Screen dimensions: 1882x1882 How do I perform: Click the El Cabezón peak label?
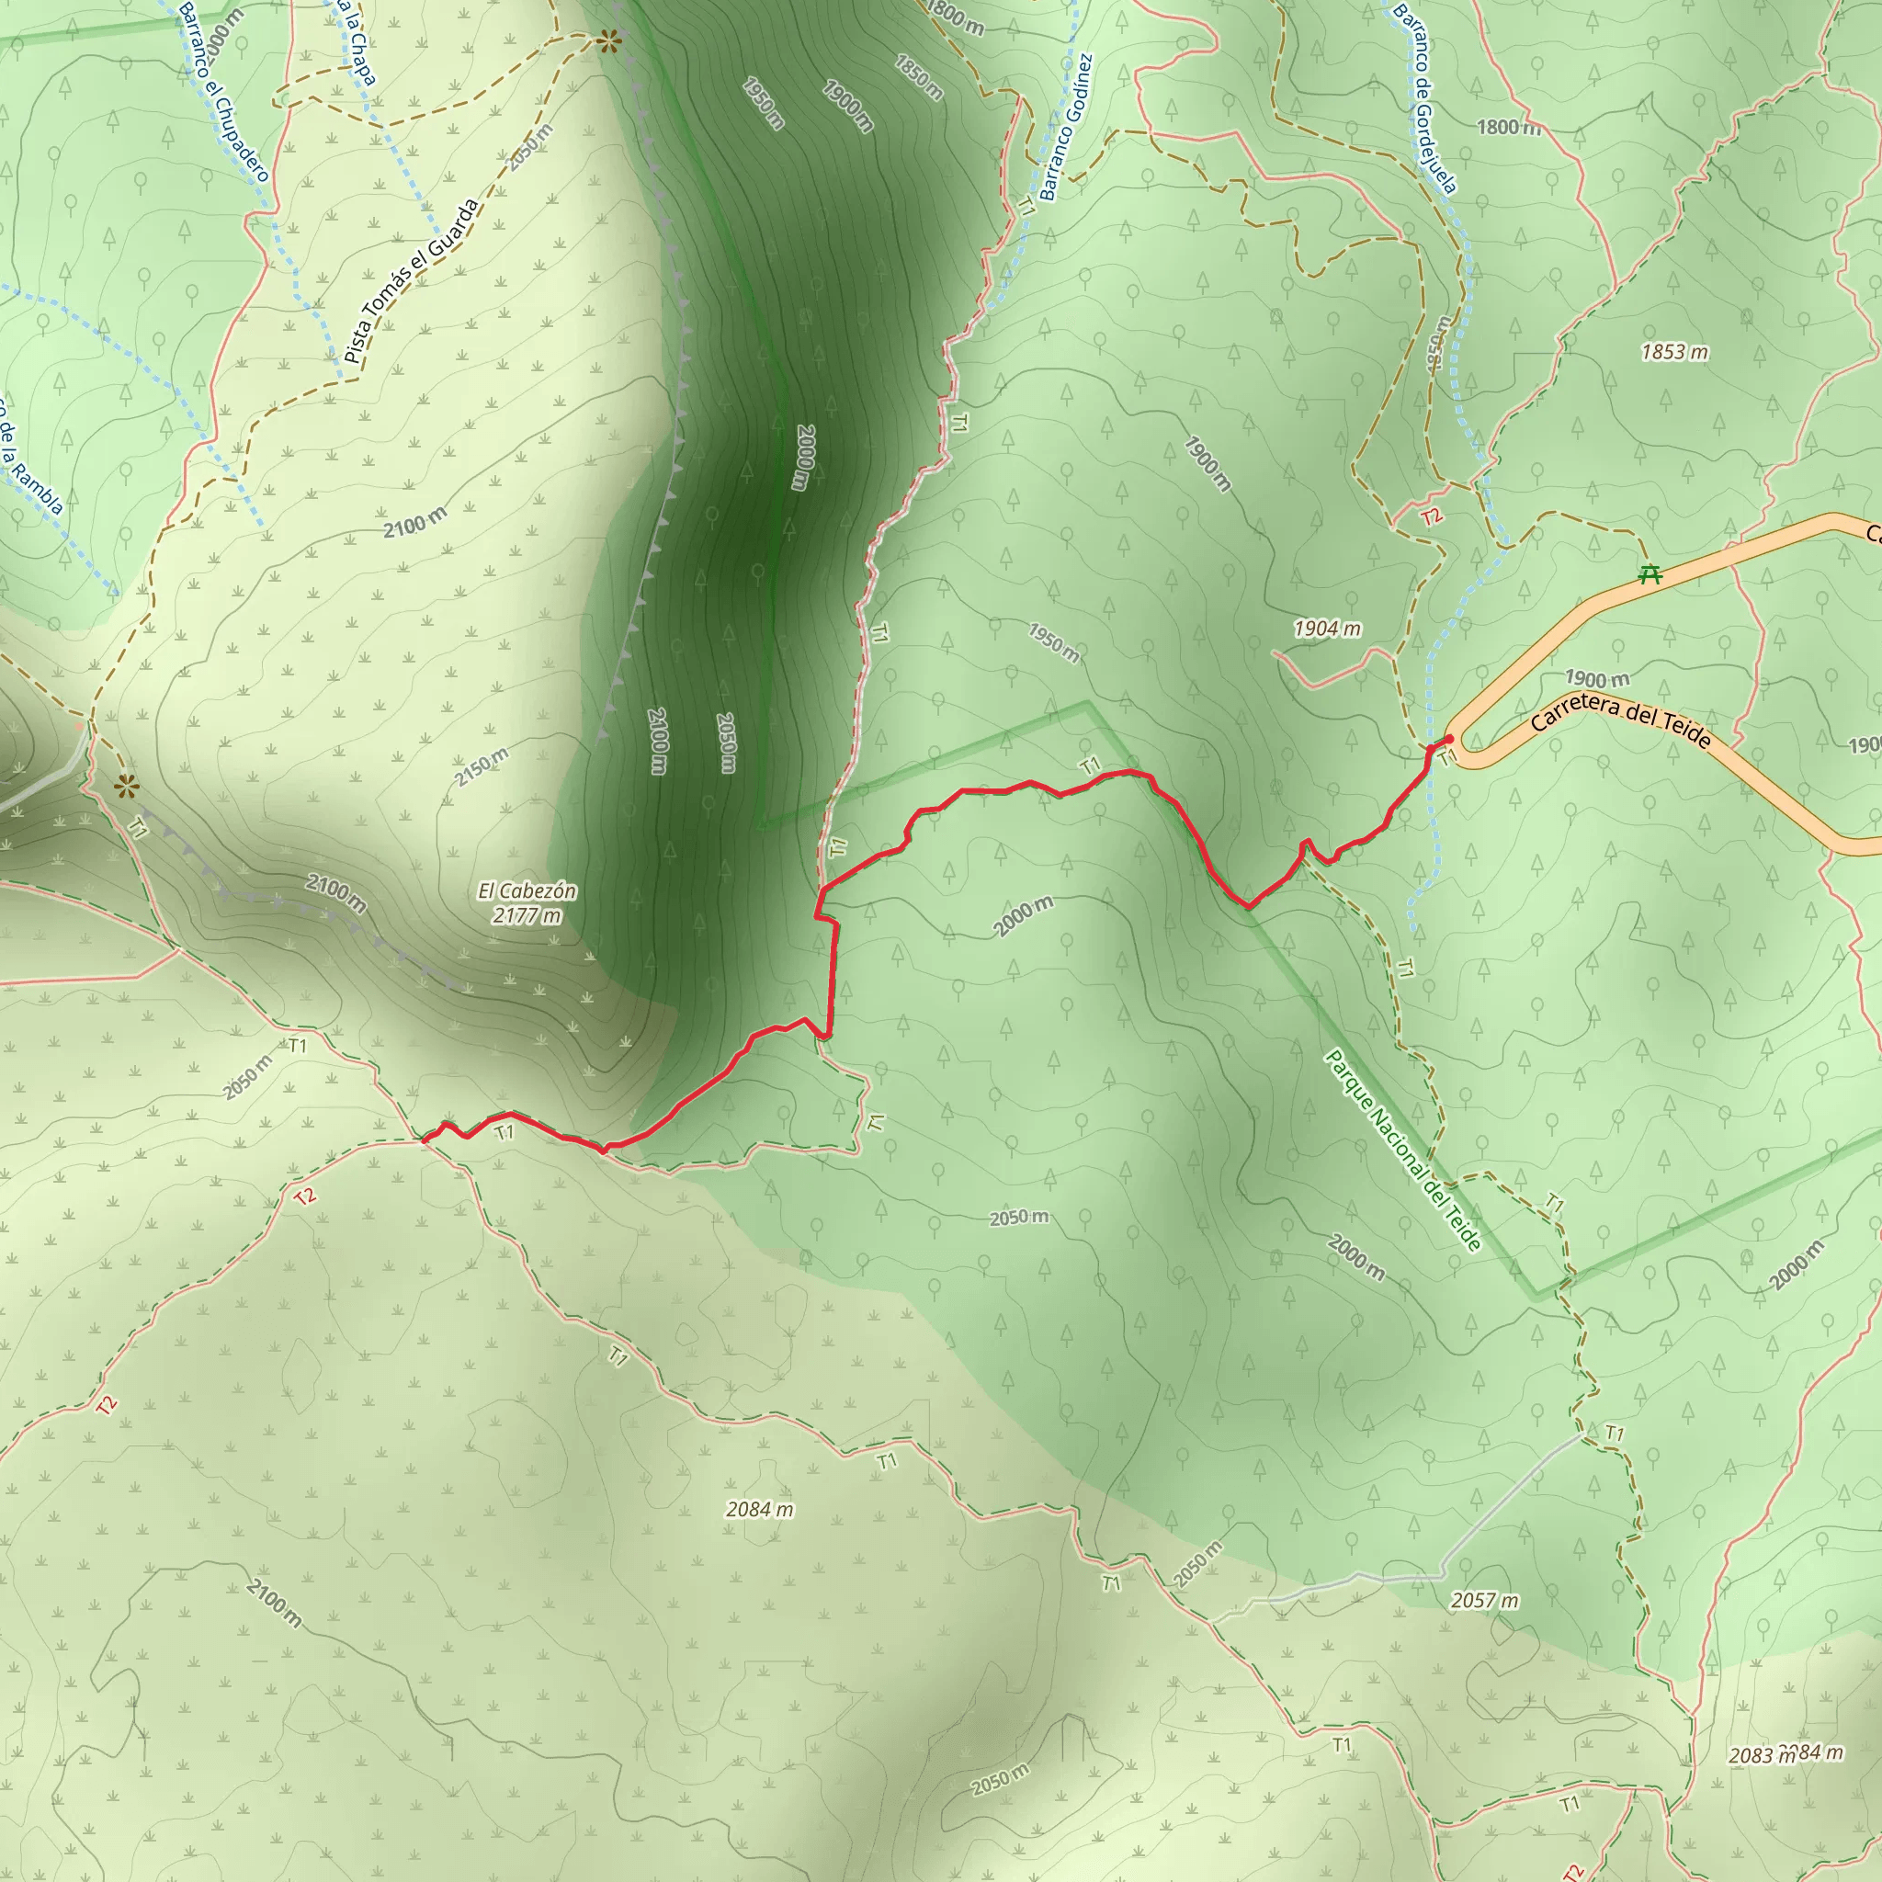point(527,890)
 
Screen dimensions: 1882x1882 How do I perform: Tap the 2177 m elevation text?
point(527,915)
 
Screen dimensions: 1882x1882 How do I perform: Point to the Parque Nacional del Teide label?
point(1402,1150)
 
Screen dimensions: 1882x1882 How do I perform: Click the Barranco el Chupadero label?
point(223,92)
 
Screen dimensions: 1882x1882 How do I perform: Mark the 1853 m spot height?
point(1674,352)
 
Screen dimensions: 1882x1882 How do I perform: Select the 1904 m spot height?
point(1327,629)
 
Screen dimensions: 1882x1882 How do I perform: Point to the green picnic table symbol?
point(1650,573)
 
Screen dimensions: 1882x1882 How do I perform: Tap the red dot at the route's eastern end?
point(1448,740)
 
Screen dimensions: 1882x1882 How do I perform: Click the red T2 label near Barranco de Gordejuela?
point(1431,516)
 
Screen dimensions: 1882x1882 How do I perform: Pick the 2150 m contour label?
point(482,766)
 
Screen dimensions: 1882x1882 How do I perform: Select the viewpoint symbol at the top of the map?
point(610,41)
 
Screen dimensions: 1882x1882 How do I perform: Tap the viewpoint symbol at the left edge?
point(126,786)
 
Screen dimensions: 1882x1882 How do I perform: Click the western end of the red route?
point(425,1139)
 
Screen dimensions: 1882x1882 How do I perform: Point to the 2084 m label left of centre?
point(760,1509)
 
